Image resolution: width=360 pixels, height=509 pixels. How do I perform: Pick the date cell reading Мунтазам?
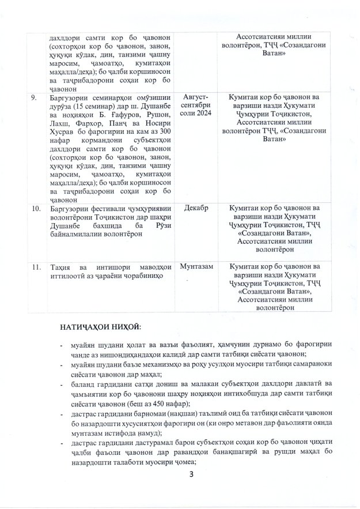(x=197, y=267)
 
